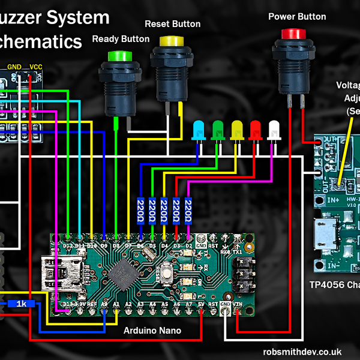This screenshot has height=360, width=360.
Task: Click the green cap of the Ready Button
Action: pyautogui.click(x=119, y=56)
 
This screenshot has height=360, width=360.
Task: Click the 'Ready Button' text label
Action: pyautogui.click(x=121, y=39)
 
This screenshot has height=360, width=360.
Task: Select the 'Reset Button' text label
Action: pyautogui.click(x=173, y=24)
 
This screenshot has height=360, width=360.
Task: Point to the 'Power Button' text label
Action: pyautogui.click(x=297, y=17)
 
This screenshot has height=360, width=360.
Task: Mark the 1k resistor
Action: pyautogui.click(x=22, y=304)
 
